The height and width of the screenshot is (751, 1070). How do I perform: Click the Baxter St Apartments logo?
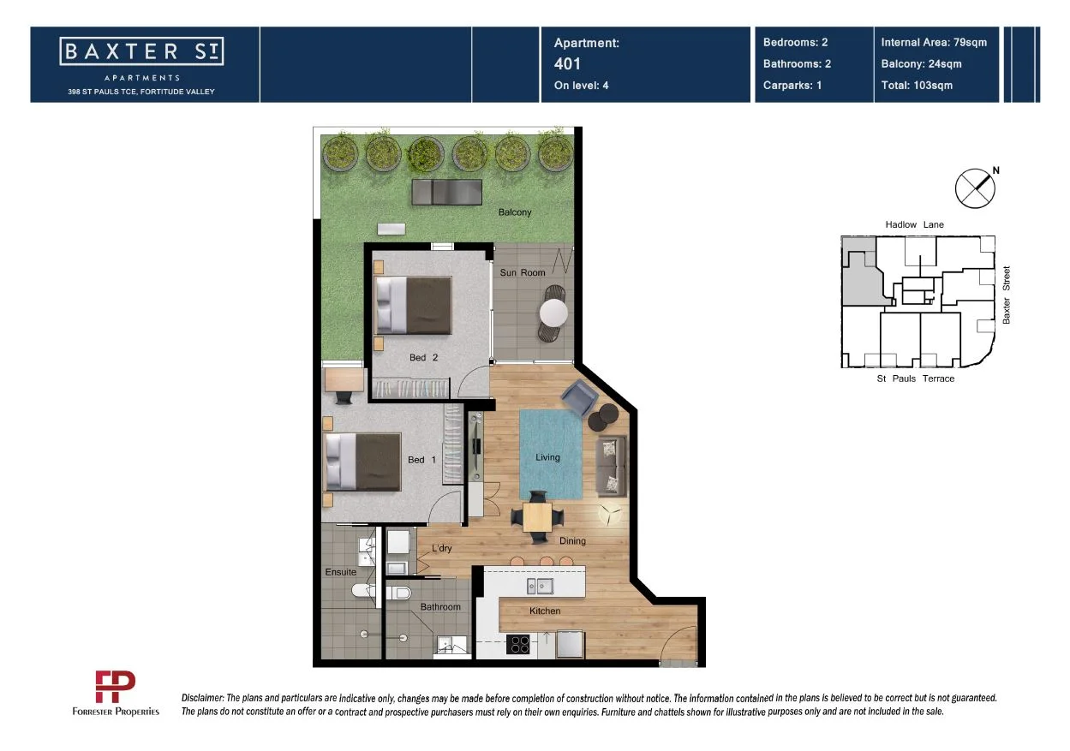[x=141, y=52]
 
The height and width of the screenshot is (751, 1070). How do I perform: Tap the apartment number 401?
[x=567, y=63]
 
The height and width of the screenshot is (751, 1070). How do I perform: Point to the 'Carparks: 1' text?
[x=792, y=85]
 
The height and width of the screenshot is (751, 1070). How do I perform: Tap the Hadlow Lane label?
[x=914, y=224]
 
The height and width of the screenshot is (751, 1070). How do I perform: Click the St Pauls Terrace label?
[x=915, y=378]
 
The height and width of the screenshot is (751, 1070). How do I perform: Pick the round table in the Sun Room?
[x=553, y=312]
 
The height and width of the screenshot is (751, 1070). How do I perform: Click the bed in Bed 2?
[x=413, y=305]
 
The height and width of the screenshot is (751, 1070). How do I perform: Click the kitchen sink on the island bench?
[x=541, y=586]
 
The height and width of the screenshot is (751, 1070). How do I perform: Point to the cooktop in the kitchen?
[x=519, y=644]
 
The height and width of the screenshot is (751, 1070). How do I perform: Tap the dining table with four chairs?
[x=537, y=516]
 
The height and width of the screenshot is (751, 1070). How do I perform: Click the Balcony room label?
[x=515, y=212]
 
